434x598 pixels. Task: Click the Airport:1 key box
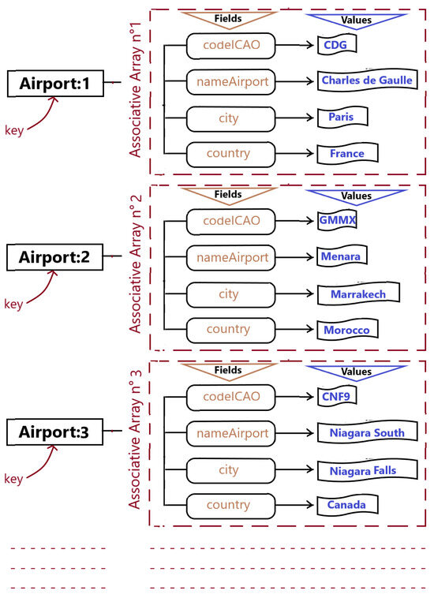(54, 83)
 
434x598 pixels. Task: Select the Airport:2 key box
(54, 256)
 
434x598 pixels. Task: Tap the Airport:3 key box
(54, 432)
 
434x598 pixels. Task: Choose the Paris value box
(342, 117)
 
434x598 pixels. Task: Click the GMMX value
(338, 221)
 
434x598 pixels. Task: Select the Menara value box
(343, 257)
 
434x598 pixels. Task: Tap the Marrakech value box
(357, 293)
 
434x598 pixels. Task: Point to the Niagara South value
(362, 432)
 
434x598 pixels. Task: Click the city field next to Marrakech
(230, 294)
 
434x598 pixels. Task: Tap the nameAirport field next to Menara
(230, 258)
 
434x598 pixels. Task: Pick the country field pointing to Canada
(230, 506)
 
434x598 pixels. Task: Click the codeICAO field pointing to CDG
(230, 45)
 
